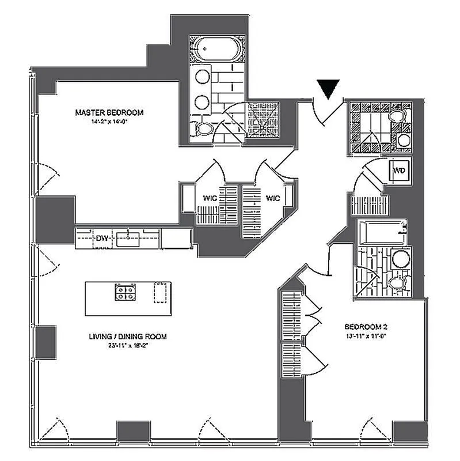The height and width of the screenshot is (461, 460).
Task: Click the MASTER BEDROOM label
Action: click(x=109, y=112)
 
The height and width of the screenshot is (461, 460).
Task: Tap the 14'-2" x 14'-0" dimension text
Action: click(x=109, y=122)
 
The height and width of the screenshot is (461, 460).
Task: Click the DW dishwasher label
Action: click(x=102, y=237)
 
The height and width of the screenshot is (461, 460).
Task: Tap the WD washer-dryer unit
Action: click(x=399, y=171)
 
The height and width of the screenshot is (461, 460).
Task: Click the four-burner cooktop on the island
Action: click(x=126, y=293)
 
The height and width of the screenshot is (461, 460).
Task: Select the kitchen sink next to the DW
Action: click(x=126, y=237)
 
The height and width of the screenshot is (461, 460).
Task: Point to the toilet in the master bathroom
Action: click(x=202, y=129)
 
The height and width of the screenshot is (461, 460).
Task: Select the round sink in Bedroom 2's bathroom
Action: click(x=399, y=259)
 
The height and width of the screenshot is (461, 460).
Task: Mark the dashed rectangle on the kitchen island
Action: click(x=159, y=293)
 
